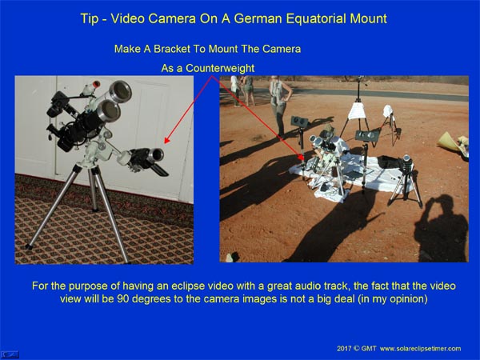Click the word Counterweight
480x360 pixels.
tap(220, 68)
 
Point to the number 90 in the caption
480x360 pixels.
tap(123, 298)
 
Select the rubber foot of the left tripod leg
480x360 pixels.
tap(29, 246)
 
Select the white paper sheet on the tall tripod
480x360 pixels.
tap(358, 111)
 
